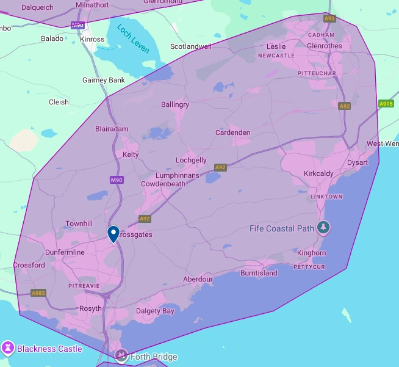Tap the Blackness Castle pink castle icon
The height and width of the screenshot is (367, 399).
pyautogui.click(x=8, y=349)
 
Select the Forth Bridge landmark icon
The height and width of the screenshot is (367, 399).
pyautogui.click(x=121, y=356)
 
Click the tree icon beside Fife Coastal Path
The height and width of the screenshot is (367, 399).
pyautogui.click(x=323, y=228)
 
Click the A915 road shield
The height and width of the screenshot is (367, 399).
pyautogui.click(x=386, y=104)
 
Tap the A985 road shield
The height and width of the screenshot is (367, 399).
pyautogui.click(x=38, y=293)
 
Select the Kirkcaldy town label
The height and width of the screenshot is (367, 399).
pyautogui.click(x=318, y=174)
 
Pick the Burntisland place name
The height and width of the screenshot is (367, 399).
pyautogui.click(x=259, y=273)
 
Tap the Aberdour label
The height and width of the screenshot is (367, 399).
pyautogui.click(x=198, y=279)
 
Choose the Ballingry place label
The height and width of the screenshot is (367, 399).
pyautogui.click(x=175, y=104)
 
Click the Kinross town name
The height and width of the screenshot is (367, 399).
pyautogui.click(x=92, y=39)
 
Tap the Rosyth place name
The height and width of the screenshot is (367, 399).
pyautogui.click(x=90, y=309)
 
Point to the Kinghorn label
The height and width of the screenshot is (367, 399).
pyautogui.click(x=312, y=253)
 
